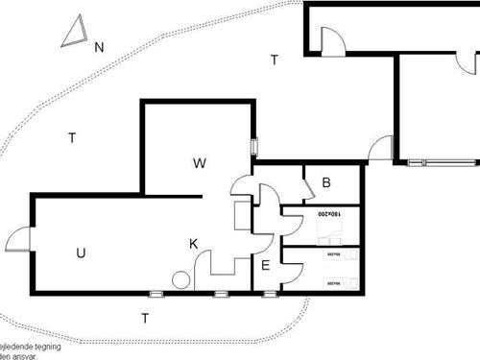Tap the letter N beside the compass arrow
99,46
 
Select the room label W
200,163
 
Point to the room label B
326,182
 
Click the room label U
81,253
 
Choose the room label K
193,244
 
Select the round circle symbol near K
180,280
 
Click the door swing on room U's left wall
19,239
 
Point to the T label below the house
145,318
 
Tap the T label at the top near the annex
275,60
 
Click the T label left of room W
72,138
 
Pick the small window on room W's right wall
253,147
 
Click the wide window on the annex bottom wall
428,161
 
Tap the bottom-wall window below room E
269,293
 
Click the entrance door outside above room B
381,149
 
